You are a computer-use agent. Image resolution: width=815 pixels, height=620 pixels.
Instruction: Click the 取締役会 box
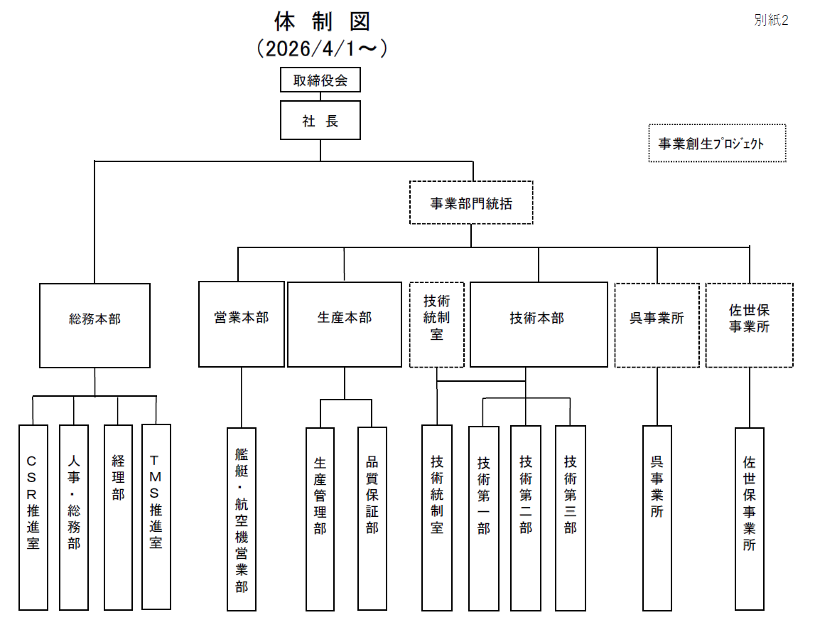320,80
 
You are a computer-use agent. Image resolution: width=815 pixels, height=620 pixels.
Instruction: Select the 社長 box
320,120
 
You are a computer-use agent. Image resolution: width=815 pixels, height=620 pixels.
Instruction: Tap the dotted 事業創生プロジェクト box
717,144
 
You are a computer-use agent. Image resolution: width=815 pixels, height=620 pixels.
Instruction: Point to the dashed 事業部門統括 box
471,203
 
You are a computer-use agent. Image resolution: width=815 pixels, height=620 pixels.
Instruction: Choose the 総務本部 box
95,325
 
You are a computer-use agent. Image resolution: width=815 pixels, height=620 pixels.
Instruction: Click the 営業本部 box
242,324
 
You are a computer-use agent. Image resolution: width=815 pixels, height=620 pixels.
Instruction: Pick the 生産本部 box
345,324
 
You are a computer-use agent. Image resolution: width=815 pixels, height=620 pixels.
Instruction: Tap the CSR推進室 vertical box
33,517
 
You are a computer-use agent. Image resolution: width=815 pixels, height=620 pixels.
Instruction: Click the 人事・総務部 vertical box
74,517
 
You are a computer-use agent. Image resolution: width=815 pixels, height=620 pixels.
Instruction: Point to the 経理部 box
118,517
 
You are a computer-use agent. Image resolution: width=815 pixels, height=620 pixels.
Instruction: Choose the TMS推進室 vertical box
156,517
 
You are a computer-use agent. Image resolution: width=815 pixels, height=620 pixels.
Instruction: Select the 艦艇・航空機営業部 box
242,519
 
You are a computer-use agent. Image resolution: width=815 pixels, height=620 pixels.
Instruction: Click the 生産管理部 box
320,519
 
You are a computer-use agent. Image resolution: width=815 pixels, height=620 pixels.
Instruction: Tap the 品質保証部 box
372,519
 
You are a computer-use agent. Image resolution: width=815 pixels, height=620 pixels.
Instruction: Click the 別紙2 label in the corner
771,20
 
